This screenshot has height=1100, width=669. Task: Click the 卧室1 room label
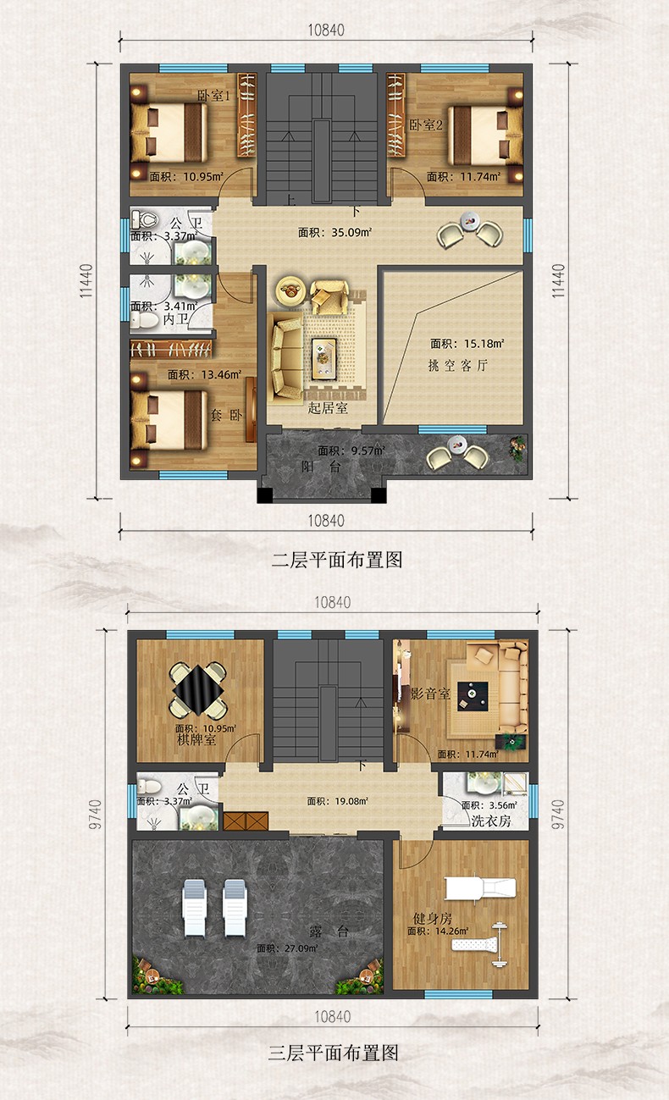[213, 96]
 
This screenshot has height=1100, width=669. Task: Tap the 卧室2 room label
[426, 125]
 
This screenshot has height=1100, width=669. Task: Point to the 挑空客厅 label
[458, 365]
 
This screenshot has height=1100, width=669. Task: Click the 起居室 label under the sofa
[328, 408]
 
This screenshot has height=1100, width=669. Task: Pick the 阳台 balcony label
[321, 467]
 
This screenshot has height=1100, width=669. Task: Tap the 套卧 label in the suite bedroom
[226, 416]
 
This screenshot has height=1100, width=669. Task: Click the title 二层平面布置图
[337, 560]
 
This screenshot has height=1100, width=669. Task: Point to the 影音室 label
[430, 694]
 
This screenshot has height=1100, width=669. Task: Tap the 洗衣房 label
[491, 821]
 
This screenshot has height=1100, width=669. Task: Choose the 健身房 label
[432, 918]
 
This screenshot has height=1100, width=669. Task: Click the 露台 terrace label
[329, 931]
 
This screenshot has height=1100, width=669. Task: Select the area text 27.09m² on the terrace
[287, 948]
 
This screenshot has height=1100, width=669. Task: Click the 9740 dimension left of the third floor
[96, 814]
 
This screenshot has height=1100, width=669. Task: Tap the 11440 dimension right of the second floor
[558, 281]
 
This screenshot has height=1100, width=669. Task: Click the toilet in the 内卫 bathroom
[145, 321]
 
